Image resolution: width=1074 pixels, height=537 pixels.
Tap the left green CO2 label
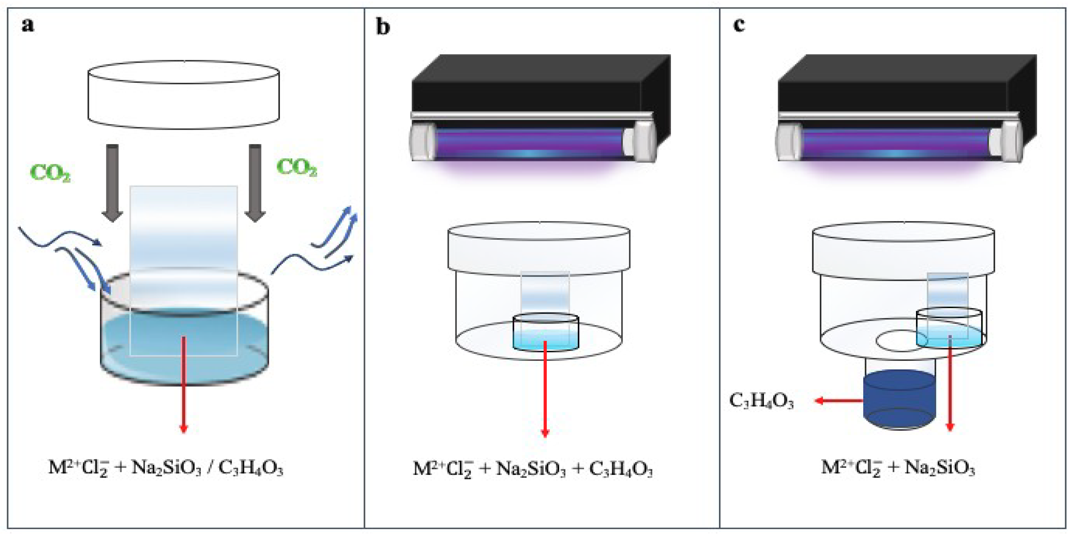(50, 172)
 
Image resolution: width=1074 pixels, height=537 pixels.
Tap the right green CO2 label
(296, 168)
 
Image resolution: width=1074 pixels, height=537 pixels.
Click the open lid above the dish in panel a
(183, 95)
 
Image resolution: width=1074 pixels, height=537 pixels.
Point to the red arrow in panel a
(183, 384)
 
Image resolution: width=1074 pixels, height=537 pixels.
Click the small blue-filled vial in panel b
(545, 333)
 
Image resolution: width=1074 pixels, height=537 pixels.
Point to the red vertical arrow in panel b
(545, 388)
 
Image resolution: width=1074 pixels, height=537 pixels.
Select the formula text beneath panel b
(532, 469)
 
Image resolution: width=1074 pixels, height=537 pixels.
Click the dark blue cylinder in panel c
(899, 400)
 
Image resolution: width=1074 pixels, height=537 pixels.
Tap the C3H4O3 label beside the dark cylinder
(761, 401)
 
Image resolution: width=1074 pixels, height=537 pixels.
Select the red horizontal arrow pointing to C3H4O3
(839, 401)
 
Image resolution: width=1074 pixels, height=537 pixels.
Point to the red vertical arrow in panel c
(950, 384)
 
